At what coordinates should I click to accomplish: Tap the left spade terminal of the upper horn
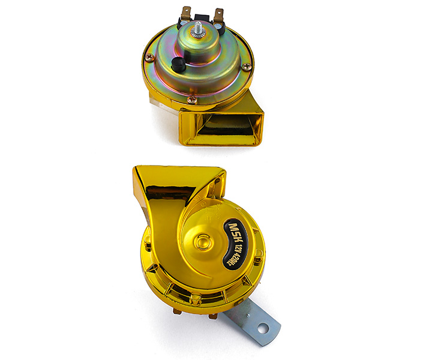pyautogui.click(x=185, y=13)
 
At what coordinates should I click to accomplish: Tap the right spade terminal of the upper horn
pyautogui.click(x=218, y=16)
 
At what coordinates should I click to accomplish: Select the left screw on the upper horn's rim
pyautogui.click(x=149, y=57)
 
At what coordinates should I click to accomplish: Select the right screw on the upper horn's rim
pyautogui.click(x=247, y=65)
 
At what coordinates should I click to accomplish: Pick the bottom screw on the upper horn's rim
pyautogui.click(x=192, y=99)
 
